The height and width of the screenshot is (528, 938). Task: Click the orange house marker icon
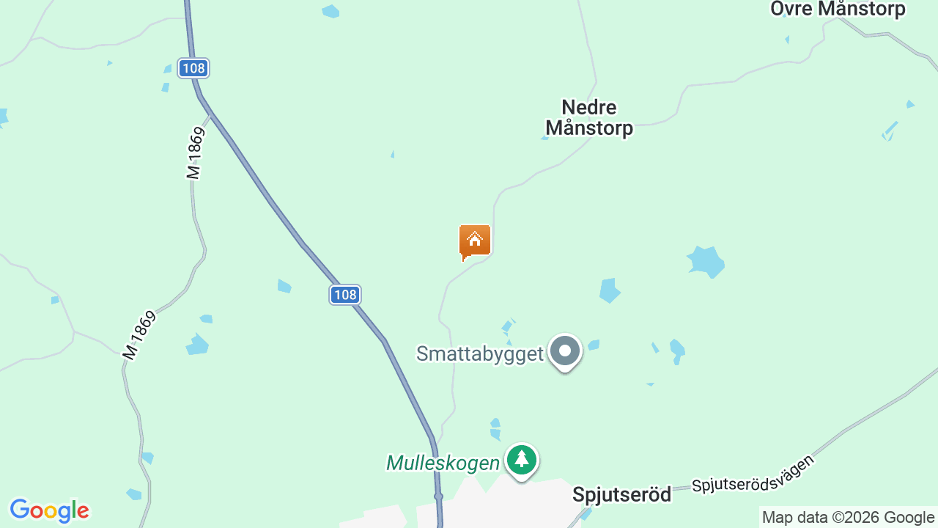[x=475, y=241]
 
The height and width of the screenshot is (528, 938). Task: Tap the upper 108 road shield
[x=193, y=68]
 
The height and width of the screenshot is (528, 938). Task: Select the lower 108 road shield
[x=344, y=295]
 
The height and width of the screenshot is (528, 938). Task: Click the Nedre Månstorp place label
[x=589, y=118]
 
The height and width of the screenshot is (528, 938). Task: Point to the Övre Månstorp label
[x=838, y=9]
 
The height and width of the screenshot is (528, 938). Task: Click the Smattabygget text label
[x=480, y=353]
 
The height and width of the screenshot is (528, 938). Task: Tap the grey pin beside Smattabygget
[x=565, y=351]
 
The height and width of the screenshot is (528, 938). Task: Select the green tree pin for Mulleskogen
[x=522, y=460]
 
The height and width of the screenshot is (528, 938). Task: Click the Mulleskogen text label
[x=443, y=463]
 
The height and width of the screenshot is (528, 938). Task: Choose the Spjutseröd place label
[x=621, y=494]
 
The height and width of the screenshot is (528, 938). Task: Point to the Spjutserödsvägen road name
[x=753, y=474]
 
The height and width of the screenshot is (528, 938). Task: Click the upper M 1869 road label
[x=194, y=153]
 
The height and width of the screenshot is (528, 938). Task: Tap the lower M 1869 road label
[x=140, y=335]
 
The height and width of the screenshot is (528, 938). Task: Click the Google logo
[x=49, y=510]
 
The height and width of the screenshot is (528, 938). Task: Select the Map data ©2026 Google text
[x=848, y=517]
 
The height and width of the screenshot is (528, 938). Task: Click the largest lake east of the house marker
[x=706, y=262]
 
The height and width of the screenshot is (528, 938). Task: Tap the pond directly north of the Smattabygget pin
[x=609, y=290]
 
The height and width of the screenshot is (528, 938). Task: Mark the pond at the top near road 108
[x=331, y=11]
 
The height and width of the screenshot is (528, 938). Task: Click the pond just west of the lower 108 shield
[x=284, y=286]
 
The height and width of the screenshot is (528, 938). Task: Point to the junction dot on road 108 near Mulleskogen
[x=438, y=496]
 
